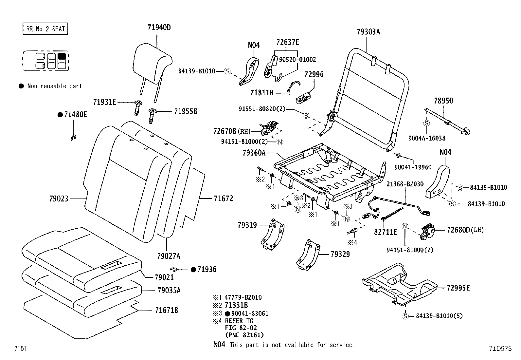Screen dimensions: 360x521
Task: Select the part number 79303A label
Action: [x=368, y=32]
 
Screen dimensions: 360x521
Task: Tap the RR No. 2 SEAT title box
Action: [x=45, y=29]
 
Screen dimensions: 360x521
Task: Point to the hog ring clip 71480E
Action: [x=74, y=138]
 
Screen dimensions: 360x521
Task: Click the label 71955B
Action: [x=186, y=111]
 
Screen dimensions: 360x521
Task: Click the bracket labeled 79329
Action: [x=308, y=255]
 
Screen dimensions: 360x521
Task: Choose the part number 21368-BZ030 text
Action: [x=405, y=184]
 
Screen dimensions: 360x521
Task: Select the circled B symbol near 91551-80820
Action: [x=306, y=115]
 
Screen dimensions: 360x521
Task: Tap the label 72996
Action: [x=314, y=74]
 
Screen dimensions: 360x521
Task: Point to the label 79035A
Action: [x=169, y=291]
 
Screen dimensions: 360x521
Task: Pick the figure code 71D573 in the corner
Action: [x=500, y=349]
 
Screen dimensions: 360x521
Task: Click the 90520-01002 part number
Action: [x=297, y=60]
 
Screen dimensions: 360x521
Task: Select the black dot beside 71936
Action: [x=193, y=270]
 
